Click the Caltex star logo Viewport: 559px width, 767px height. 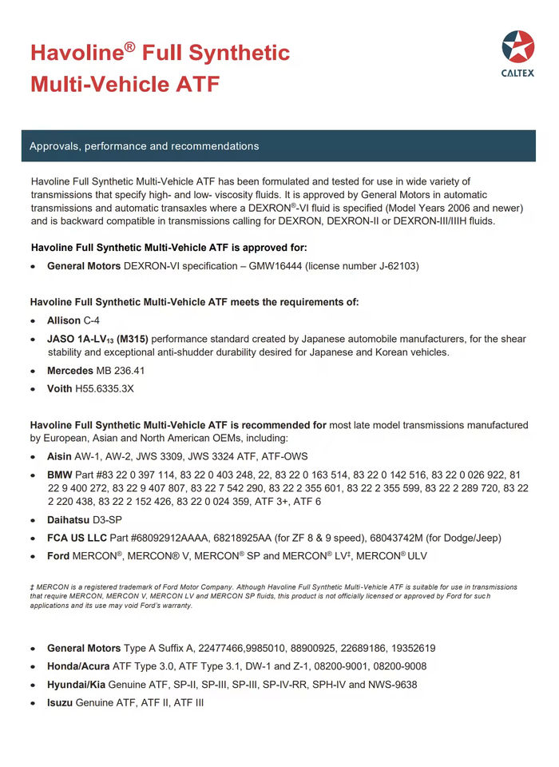(517, 47)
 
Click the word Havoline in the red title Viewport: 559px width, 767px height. (76, 54)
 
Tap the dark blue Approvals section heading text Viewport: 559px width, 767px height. (145, 146)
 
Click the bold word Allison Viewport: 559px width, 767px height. (64, 320)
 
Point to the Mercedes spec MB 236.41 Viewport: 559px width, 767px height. (120, 371)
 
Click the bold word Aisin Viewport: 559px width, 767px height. (61, 459)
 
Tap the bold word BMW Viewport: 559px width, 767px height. (61, 476)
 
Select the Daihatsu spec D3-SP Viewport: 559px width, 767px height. (113, 519)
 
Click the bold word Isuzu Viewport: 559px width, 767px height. (61, 703)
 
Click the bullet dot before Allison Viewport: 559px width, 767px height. (33, 321)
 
